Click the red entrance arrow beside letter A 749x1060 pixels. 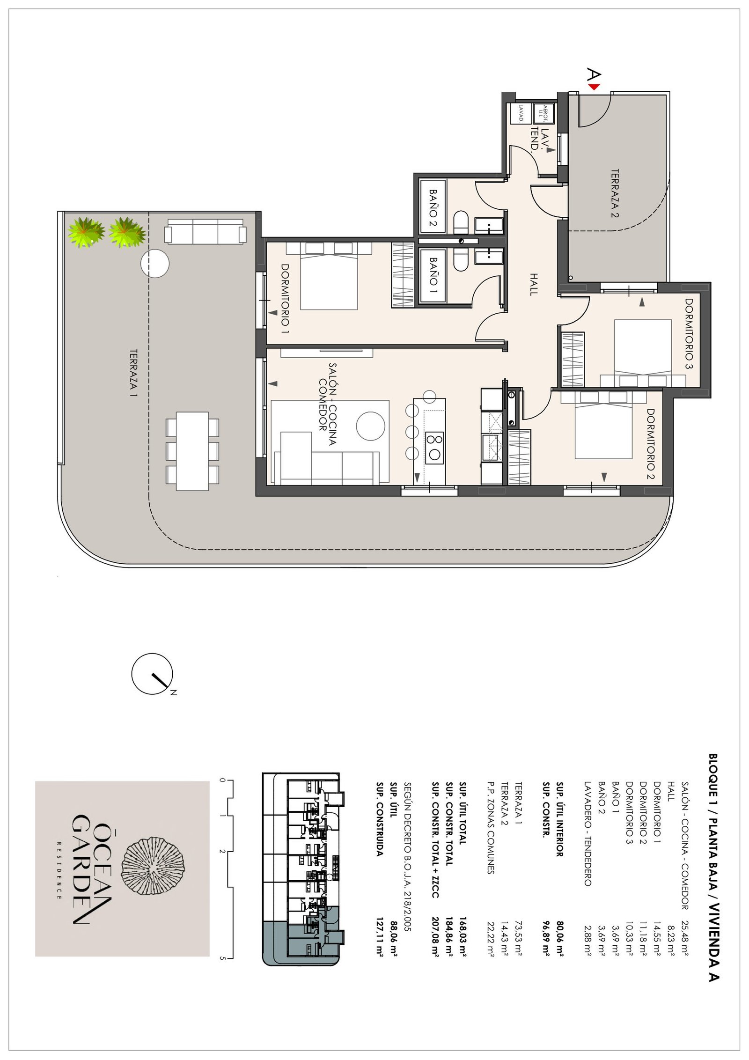coord(594,87)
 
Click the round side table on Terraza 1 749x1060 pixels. coord(154,264)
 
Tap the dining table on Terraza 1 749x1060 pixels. coord(192,451)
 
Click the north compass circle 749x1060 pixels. coord(152,674)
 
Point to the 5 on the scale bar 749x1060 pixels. coord(222,958)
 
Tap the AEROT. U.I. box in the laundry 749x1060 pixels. coord(544,113)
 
